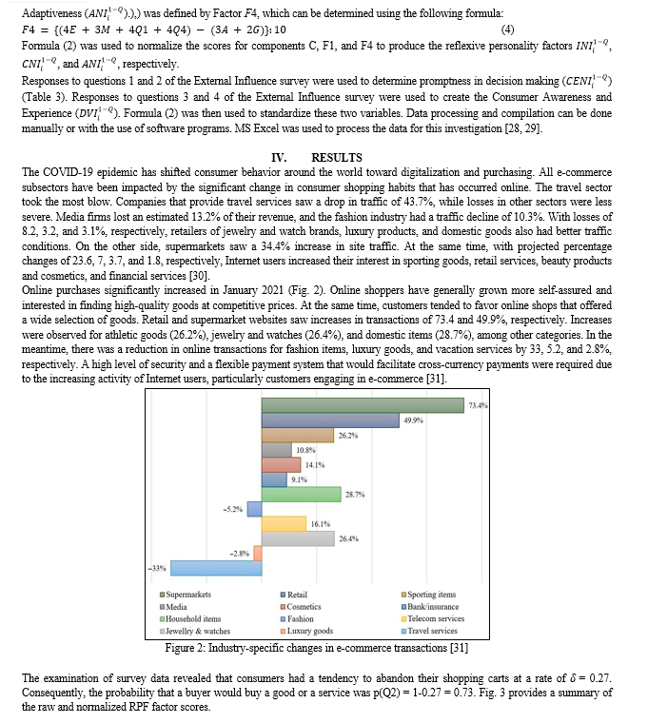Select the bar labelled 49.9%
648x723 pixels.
pos(330,420)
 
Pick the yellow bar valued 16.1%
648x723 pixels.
pos(283,524)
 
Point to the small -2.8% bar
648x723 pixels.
pos(257,554)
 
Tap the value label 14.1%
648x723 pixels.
pos(315,465)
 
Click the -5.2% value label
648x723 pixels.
pos(232,510)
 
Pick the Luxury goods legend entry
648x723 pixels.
pos(309,631)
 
